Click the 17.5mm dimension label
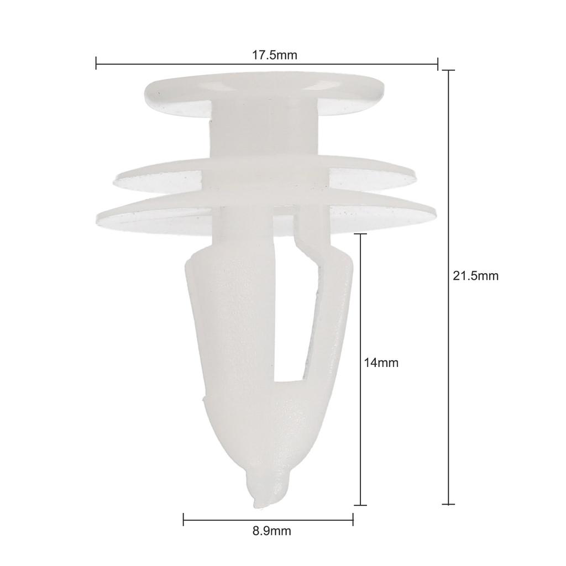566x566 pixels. point(274,55)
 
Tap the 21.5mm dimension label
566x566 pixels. point(476,276)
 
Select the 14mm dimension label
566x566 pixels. point(381,363)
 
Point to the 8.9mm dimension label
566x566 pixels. point(271,531)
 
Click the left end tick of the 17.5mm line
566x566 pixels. point(96,63)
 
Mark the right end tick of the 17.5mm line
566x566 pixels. point(438,64)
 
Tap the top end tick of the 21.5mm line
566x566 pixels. point(449,70)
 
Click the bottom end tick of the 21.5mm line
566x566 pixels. point(449,504)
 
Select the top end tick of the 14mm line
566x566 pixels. point(360,234)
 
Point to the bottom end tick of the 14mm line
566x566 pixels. point(360,505)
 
